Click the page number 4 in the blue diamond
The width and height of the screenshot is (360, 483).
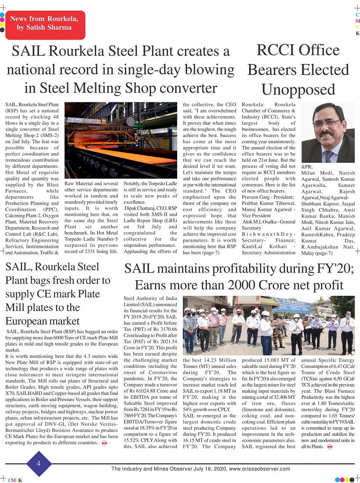point(38,463)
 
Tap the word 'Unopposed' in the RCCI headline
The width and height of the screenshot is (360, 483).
point(298,90)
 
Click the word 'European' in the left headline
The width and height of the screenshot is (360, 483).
point(43,321)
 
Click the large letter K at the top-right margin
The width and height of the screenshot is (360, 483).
point(357,34)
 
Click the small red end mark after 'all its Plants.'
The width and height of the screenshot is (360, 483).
point(330,447)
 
